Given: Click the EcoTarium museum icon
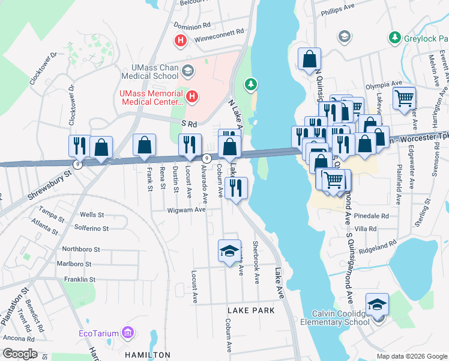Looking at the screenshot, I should [127, 332].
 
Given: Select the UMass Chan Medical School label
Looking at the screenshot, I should [150, 72].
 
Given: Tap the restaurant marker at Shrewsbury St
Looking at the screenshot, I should [79, 146].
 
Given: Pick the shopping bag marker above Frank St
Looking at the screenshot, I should [144, 146].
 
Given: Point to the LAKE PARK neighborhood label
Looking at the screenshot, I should [251, 310].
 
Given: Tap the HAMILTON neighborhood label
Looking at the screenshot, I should [148, 355].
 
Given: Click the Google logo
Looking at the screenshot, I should [19, 354].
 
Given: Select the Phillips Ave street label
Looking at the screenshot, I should [338, 11].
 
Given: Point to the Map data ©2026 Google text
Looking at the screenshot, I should [411, 356].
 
